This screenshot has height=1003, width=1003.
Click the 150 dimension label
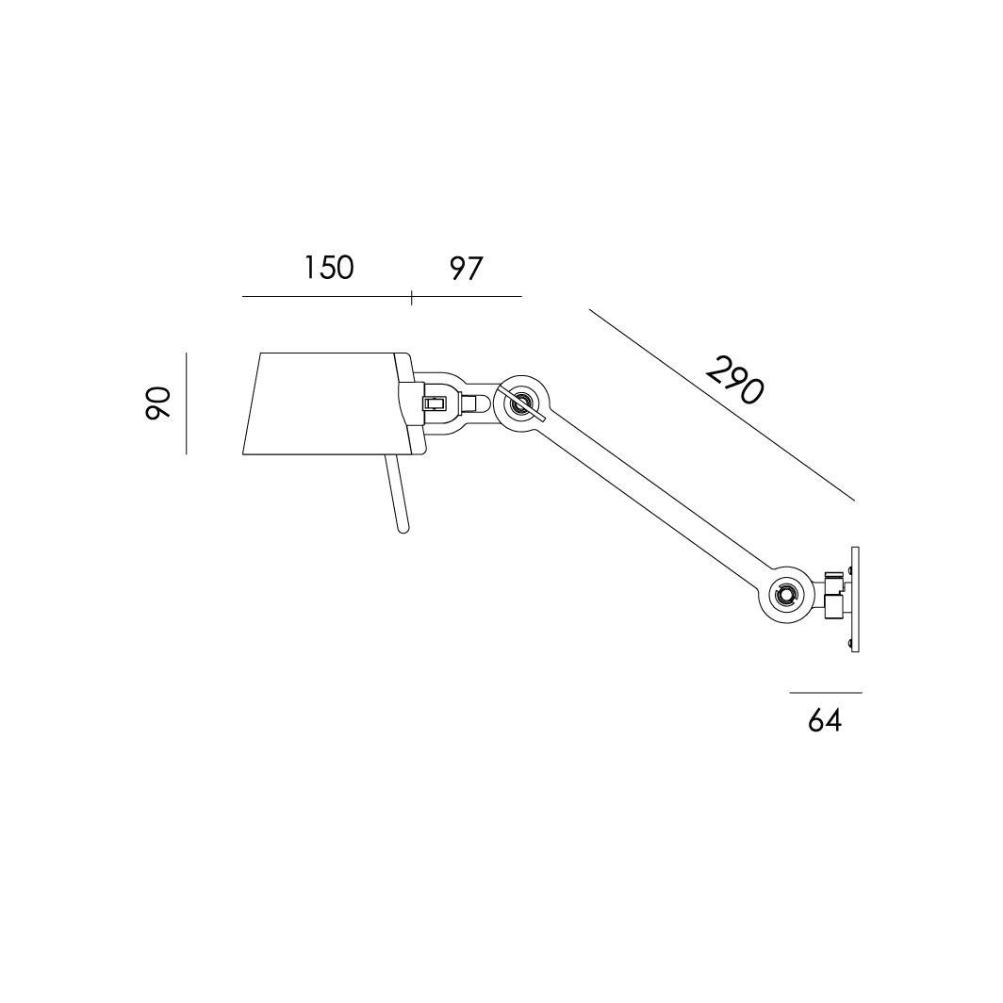[328, 268]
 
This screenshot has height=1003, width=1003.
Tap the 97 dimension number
[465, 268]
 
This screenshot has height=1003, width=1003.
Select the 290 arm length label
[735, 380]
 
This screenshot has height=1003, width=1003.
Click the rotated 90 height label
[158, 403]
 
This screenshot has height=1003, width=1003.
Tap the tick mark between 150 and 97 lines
[411, 298]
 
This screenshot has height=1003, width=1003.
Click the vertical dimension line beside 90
[186, 403]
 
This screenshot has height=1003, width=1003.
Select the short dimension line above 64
[825, 692]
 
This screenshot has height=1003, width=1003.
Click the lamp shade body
[326, 403]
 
